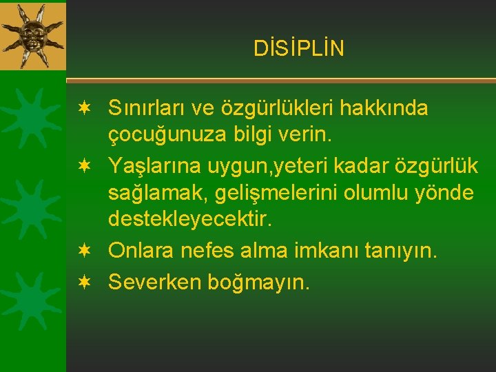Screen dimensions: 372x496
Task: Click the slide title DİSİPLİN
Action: coord(298,48)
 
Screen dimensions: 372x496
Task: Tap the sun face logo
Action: coord(32,34)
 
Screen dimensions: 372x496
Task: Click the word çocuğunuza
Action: coord(163,136)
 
